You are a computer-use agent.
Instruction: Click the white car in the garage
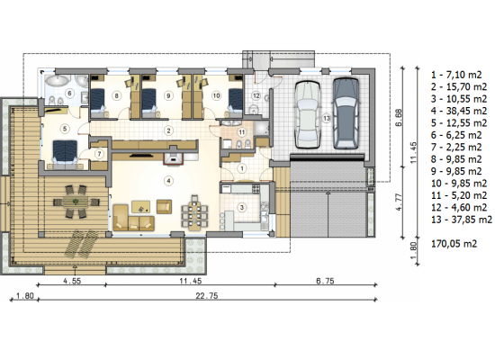click(x=307, y=114)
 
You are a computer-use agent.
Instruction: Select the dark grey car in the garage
click(x=346, y=113)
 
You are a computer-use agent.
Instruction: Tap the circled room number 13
click(x=327, y=119)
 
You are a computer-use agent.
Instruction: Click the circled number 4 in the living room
click(x=168, y=181)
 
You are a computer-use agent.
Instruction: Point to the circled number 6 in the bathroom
click(x=69, y=94)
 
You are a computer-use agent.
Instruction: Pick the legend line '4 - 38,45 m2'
click(x=459, y=111)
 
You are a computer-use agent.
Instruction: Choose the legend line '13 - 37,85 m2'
click(x=462, y=220)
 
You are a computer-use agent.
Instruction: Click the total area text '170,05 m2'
click(x=454, y=244)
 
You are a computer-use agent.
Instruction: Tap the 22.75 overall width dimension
click(x=207, y=296)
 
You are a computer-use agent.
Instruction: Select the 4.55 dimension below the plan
click(x=72, y=281)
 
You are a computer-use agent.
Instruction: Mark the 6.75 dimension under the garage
click(x=325, y=281)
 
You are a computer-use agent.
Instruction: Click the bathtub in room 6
click(x=57, y=80)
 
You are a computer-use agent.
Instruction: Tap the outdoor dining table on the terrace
click(x=76, y=202)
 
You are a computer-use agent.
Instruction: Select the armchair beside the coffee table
click(x=164, y=206)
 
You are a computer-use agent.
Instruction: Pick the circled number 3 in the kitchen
click(x=242, y=208)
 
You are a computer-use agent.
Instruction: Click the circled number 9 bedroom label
click(x=168, y=95)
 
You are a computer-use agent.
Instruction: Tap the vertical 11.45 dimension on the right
click(x=413, y=152)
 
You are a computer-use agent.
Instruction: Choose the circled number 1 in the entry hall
click(x=242, y=168)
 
